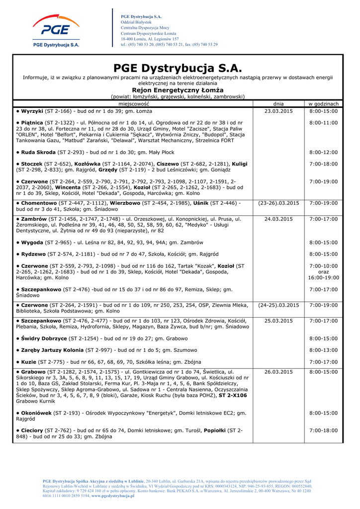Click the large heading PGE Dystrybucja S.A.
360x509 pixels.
tap(178, 68)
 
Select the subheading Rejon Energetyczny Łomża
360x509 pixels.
tap(178, 89)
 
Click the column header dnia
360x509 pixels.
tap(278, 103)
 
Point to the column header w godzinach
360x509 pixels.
tap(323, 103)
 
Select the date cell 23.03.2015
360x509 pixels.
tap(278, 110)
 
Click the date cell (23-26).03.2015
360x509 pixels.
tap(278, 203)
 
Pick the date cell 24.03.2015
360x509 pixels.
tap(278, 219)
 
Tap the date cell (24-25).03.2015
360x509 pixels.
tap(278, 305)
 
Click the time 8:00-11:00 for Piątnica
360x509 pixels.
tap(323, 122)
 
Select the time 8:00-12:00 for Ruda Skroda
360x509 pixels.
tap(323, 152)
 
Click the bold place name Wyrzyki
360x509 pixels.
tap(32, 110)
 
